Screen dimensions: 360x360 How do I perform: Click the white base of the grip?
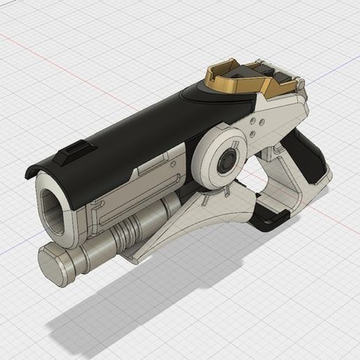coord(307,188)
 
